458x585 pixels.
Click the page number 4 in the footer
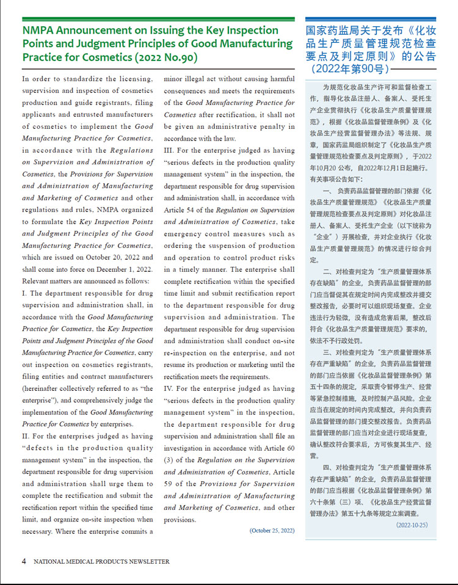pyautogui.click(x=24, y=561)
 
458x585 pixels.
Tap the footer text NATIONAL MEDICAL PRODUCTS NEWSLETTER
pyautogui.click(x=101, y=562)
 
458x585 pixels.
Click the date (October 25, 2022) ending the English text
pyautogui.click(x=272, y=531)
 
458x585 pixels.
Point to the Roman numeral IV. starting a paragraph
pyautogui.click(x=170, y=388)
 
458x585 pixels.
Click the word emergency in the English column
pyautogui.click(x=183, y=234)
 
